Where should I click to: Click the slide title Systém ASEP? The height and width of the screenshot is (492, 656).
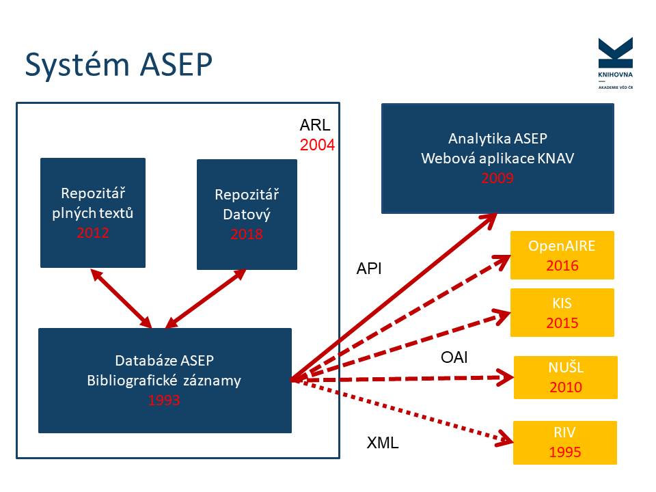click(118, 65)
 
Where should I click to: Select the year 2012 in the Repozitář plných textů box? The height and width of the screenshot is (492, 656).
click(93, 232)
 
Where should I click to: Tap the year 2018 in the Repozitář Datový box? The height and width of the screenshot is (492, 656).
click(247, 234)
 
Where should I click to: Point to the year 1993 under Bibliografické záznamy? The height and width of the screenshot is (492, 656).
click(164, 400)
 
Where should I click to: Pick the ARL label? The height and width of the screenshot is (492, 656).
click(315, 126)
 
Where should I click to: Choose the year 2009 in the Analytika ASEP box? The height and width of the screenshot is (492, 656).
click(497, 178)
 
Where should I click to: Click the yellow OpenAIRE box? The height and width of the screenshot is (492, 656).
click(562, 255)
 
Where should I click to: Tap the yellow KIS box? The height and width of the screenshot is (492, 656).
click(562, 312)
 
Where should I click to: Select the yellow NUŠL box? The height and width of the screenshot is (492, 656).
click(565, 377)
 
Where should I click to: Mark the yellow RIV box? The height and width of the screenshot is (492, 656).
click(565, 443)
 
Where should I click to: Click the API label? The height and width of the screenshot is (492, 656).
click(369, 269)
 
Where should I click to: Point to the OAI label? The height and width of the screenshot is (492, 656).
click(454, 357)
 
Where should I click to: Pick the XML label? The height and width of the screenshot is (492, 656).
click(383, 443)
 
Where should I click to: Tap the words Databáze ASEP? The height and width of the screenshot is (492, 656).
click(164, 361)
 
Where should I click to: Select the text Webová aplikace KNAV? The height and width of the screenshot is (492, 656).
click(497, 159)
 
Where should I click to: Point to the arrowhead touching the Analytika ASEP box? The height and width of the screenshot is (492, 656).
click(491, 218)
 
